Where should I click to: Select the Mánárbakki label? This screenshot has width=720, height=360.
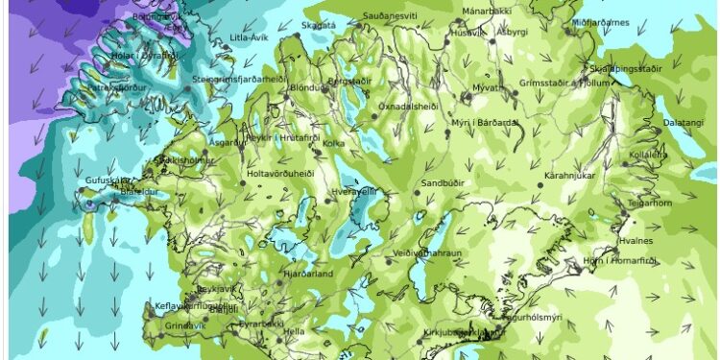tap(488, 11)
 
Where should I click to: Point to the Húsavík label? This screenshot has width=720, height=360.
tap(468, 32)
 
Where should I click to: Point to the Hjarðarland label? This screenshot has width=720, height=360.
tap(307, 273)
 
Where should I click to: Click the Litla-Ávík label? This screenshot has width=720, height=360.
tap(248, 37)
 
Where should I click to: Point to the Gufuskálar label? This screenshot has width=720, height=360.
tap(107, 180)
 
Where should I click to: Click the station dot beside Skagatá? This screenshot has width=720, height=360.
tap(297, 35)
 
